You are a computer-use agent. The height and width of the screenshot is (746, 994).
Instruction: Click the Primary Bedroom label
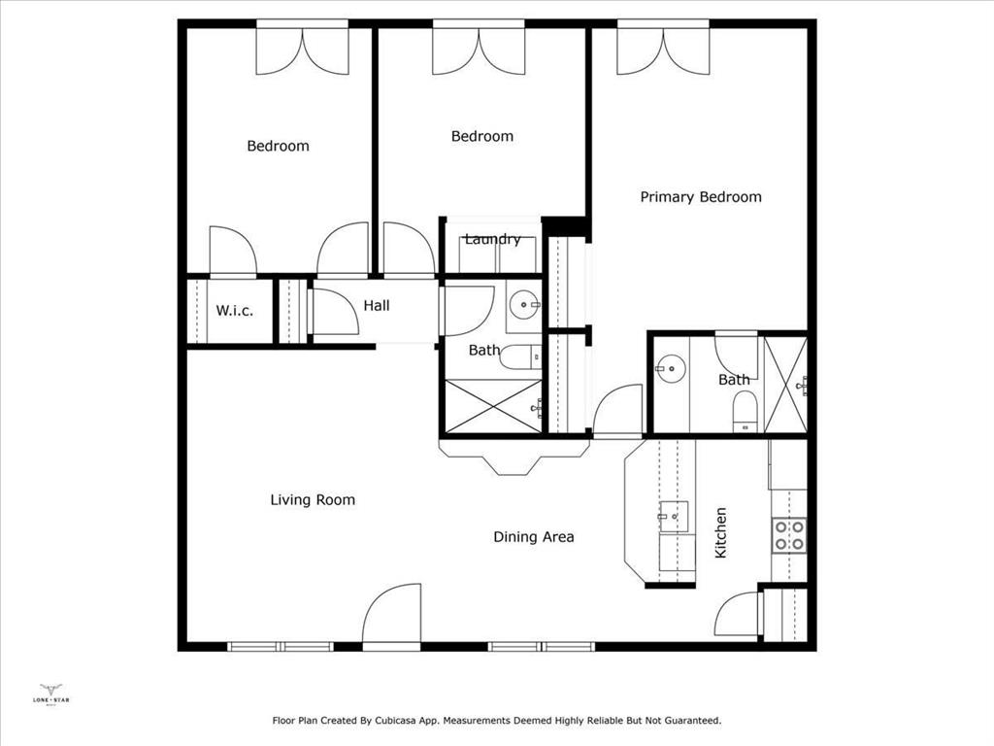(701, 197)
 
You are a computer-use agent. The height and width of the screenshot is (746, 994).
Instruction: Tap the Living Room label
(313, 500)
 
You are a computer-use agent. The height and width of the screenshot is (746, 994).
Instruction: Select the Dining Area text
(533, 537)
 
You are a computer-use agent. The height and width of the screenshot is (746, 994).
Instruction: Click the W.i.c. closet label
(234, 311)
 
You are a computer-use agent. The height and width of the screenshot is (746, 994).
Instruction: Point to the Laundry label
(492, 239)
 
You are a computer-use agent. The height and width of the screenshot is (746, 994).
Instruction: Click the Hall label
(377, 306)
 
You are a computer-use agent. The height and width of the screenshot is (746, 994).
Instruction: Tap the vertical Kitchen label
(721, 532)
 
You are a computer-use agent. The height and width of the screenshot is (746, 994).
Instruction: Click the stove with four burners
(788, 535)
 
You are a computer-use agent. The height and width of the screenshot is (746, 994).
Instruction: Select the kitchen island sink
(675, 517)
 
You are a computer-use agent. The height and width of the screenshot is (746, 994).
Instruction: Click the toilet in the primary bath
(744, 409)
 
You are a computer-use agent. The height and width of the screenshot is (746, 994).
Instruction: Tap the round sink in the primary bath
(670, 367)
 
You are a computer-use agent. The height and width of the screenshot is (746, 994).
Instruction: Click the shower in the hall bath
(492, 406)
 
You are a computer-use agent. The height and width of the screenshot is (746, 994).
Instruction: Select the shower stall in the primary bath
(785, 385)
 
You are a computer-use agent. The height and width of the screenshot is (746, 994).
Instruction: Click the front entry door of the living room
(391, 614)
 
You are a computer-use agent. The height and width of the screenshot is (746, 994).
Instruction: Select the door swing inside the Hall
(334, 313)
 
